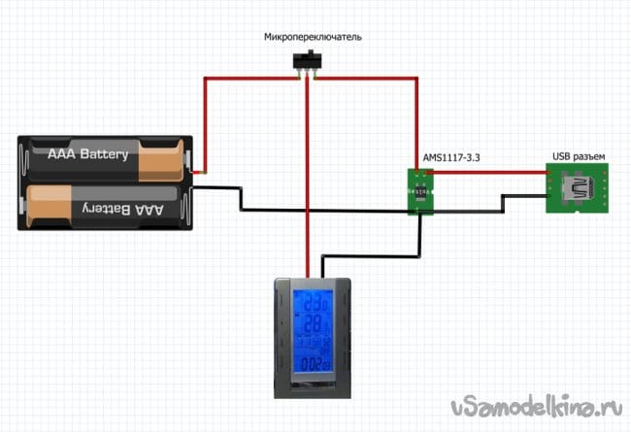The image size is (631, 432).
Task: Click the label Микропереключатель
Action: point(313,37)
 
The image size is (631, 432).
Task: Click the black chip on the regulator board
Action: point(419,189)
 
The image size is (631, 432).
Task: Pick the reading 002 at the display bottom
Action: point(313,366)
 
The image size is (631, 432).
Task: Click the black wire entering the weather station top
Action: point(321,266)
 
